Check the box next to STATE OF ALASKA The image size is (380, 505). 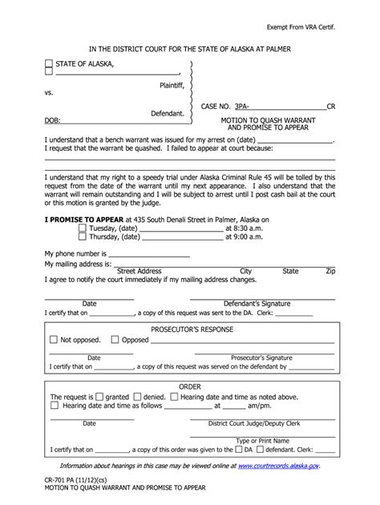[x=49, y=63]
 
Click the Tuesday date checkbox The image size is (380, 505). [x=83, y=228]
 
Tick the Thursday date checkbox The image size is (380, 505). [x=83, y=237]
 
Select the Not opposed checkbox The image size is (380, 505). [x=54, y=339]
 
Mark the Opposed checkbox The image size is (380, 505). [x=115, y=339]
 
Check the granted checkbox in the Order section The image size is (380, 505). [x=99, y=396]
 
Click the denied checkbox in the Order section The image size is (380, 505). [x=137, y=396]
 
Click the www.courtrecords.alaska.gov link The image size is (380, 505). [x=279, y=465]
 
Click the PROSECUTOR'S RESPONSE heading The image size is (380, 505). [x=190, y=329]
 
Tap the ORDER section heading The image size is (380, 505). [x=190, y=386]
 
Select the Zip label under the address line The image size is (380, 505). [x=330, y=272]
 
